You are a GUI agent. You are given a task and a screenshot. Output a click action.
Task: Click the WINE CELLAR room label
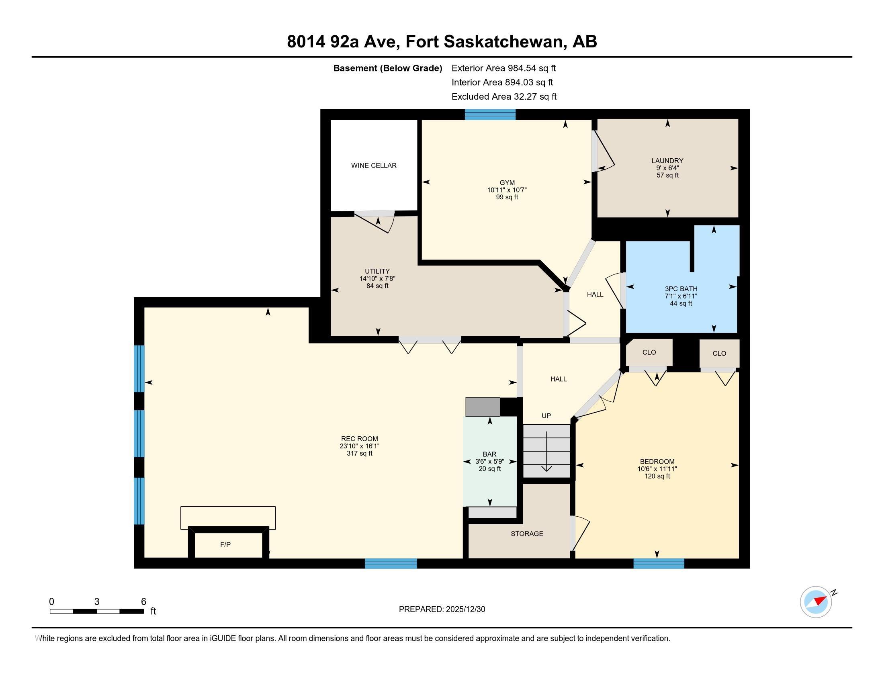click(374, 166)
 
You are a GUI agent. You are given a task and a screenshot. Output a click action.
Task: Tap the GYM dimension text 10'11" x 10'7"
click(507, 190)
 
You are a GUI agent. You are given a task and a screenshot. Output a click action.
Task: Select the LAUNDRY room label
click(667, 161)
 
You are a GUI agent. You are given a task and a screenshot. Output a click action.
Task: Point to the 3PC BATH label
click(681, 289)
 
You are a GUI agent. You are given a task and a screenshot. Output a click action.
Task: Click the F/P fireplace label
click(225, 545)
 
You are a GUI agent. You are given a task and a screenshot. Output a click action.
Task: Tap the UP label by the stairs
click(546, 416)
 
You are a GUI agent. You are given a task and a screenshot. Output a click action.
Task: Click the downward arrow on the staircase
click(547, 451)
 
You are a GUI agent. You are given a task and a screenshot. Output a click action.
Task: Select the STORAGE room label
click(527, 534)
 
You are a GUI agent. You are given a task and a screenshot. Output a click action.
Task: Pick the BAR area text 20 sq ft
click(490, 469)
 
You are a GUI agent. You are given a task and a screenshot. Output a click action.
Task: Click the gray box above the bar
click(483, 407)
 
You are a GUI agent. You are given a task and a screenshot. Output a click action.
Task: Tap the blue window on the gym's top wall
click(490, 115)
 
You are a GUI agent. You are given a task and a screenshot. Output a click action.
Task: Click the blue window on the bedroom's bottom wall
click(659, 564)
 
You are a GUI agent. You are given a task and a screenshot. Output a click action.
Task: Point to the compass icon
click(816, 602)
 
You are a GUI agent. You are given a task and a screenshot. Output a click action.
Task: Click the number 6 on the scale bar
click(143, 602)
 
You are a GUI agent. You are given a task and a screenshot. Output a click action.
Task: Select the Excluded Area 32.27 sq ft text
click(504, 97)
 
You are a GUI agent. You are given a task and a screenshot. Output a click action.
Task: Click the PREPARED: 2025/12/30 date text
click(442, 609)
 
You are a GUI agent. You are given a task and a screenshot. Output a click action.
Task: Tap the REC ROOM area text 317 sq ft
click(360, 454)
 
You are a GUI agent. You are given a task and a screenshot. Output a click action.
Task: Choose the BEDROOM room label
click(657, 462)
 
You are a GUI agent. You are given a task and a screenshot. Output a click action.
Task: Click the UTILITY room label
click(377, 272)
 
